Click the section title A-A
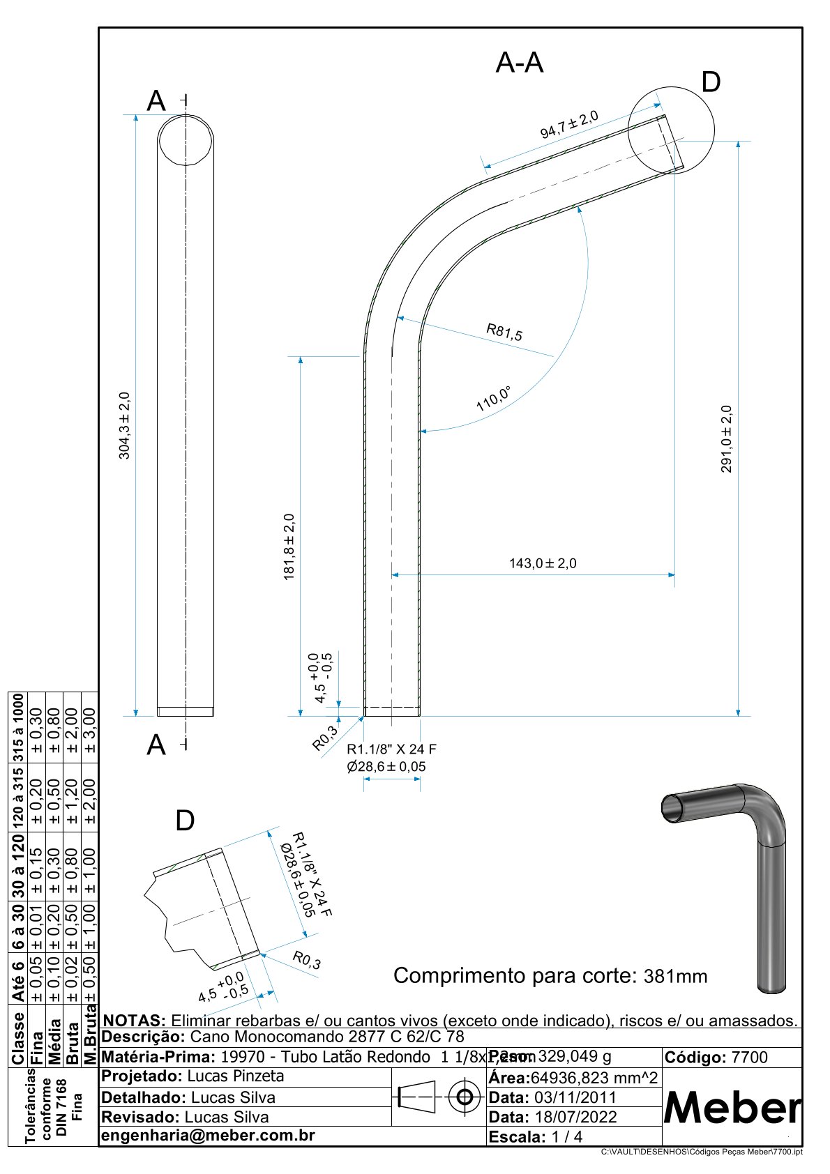(519, 63)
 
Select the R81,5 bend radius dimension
(504, 332)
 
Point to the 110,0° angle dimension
(493, 398)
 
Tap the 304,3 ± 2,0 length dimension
(124, 425)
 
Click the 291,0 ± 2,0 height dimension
(726, 439)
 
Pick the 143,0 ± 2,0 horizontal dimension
(543, 563)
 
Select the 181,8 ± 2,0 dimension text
(289, 547)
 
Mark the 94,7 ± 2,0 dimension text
(569, 124)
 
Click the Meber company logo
(732, 1106)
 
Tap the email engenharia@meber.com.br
(208, 1135)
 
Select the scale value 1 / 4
(566, 1136)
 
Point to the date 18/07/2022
(575, 1117)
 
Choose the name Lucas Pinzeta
(236, 1076)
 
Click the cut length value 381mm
(674, 976)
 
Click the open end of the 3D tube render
(673, 807)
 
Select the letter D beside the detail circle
(710, 83)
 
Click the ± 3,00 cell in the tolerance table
(89, 731)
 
